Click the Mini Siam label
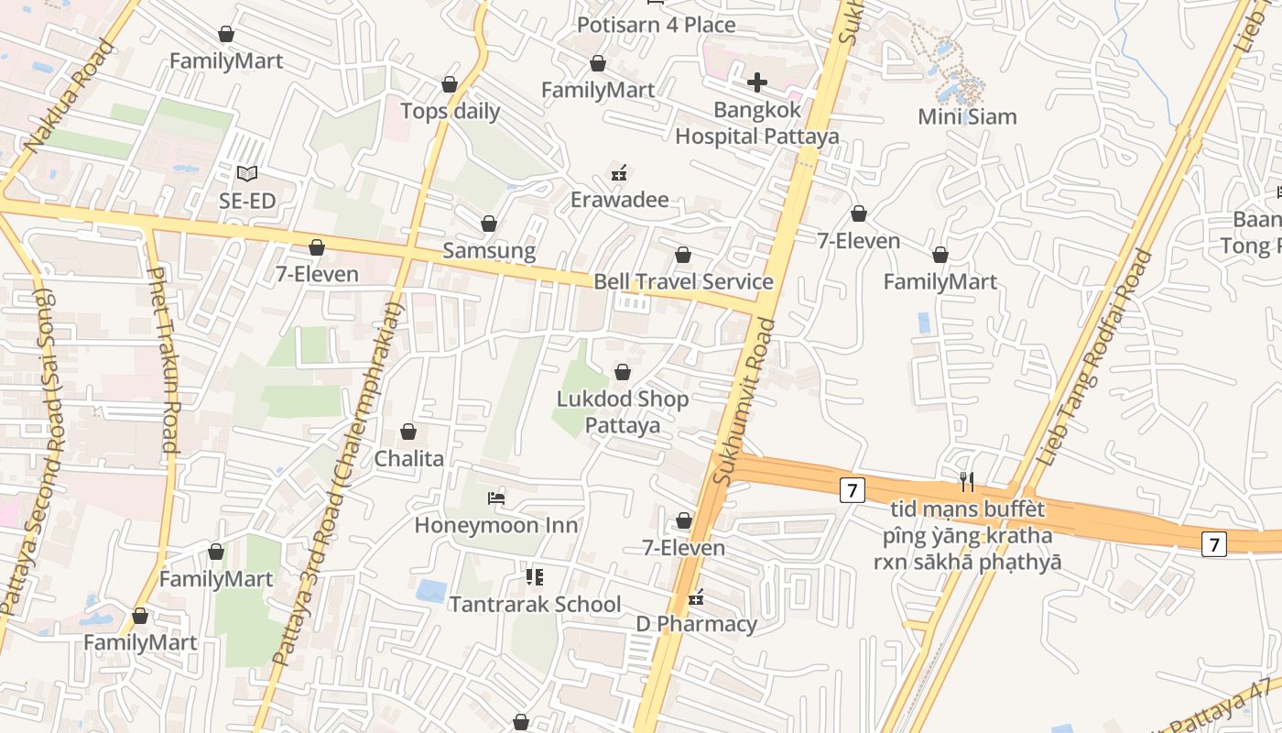click(967, 117)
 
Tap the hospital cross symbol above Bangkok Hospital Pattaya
click(756, 83)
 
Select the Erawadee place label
click(620, 200)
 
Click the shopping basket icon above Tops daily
click(450, 84)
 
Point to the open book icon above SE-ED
click(247, 173)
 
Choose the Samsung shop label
click(489, 250)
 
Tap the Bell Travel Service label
click(683, 281)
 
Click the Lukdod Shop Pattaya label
click(623, 412)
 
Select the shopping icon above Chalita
click(408, 432)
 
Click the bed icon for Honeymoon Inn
click(496, 498)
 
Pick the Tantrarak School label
click(535, 605)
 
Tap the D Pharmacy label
click(697, 625)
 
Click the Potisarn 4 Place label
click(656, 25)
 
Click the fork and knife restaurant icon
click(966, 480)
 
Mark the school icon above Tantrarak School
click(535, 577)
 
